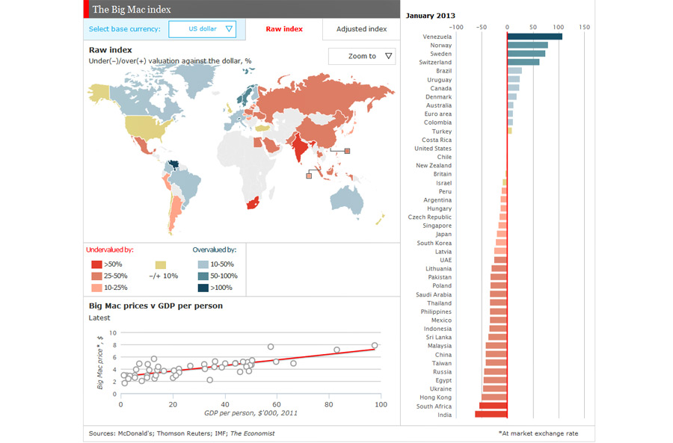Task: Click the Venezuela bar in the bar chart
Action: point(535,37)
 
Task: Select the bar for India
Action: point(491,415)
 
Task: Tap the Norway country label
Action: point(440,46)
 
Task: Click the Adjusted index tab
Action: point(361,29)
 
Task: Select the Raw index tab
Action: point(284,29)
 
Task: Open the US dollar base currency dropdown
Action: point(202,29)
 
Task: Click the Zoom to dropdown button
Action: point(362,56)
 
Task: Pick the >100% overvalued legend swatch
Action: point(203,288)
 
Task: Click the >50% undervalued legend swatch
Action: point(96,264)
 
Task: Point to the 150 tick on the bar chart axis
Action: point(584,27)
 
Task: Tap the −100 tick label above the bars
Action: point(455,27)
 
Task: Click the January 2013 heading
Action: point(431,15)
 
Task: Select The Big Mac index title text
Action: point(132,10)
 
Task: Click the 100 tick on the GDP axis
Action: point(381,404)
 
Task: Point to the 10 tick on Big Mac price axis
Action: point(113,333)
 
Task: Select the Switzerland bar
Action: point(523,62)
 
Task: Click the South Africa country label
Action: point(434,406)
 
